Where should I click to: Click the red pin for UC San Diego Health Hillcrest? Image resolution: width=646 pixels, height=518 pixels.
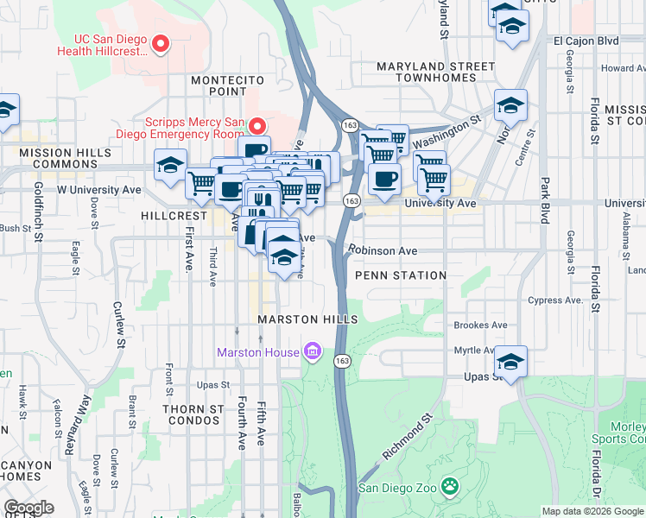pyautogui.click(x=159, y=42)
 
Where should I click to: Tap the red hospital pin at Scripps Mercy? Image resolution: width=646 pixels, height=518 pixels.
pyautogui.click(x=256, y=126)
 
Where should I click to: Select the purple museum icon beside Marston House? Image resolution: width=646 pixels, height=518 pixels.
pyautogui.click(x=312, y=351)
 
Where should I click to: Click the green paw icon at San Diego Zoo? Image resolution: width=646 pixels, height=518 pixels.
pyautogui.click(x=449, y=487)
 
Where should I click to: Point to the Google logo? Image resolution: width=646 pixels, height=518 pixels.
pyautogui.click(x=28, y=508)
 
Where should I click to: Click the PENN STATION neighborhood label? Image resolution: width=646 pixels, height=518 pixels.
pyautogui.click(x=401, y=275)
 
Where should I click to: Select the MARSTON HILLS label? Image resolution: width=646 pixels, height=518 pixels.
pyautogui.click(x=307, y=320)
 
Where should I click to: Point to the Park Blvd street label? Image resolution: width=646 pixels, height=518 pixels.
pyautogui.click(x=544, y=201)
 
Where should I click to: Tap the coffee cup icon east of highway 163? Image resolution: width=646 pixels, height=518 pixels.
pyautogui.click(x=384, y=179)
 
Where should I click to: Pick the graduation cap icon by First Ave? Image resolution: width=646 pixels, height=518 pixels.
pyautogui.click(x=171, y=164)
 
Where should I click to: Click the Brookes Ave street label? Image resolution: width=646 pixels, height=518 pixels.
pyautogui.click(x=480, y=325)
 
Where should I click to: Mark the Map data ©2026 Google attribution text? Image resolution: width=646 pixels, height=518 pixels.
pyautogui.click(x=592, y=511)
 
